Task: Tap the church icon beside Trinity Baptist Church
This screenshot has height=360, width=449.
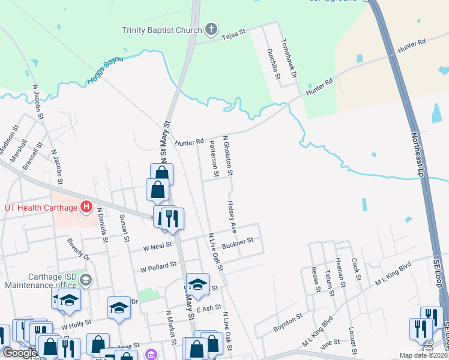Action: point(211,29)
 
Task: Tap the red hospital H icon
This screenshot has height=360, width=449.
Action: point(86,208)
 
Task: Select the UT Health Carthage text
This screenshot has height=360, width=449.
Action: point(41,208)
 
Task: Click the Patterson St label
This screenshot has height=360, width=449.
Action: point(212,158)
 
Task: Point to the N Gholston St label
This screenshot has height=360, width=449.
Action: point(228,155)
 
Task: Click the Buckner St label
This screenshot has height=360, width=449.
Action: point(238,243)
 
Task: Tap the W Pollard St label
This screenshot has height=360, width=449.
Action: point(158,264)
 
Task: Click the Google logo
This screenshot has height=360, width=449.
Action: point(20,352)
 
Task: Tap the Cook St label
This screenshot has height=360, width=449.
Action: point(355,268)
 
